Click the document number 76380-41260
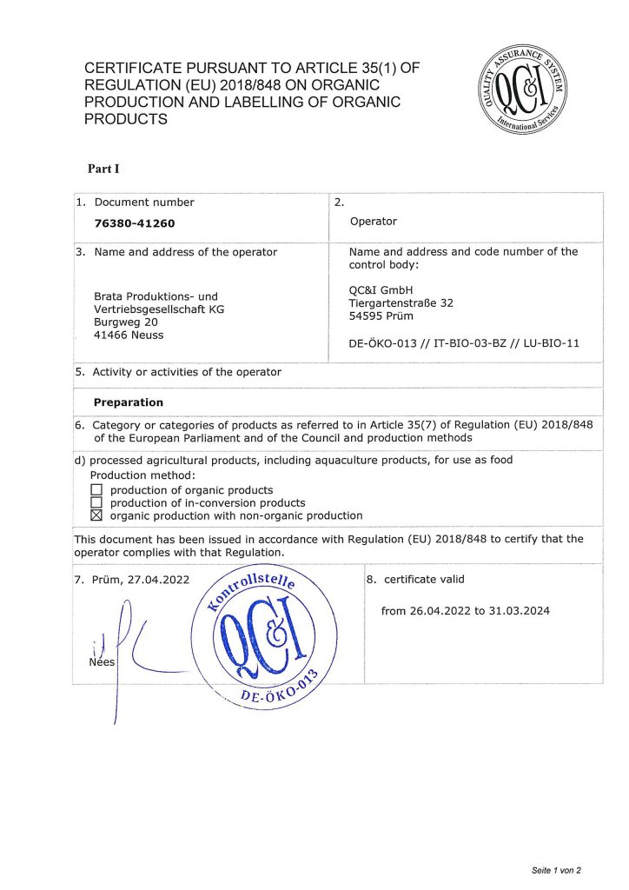tap(135, 223)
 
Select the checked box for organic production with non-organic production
tap(96, 515)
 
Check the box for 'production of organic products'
tap(96, 490)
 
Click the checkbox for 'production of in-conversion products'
tap(96, 502)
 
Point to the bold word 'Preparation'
tap(129, 402)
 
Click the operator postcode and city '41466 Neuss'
tap(129, 335)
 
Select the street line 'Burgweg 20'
tap(126, 322)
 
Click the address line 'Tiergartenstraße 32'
tap(401, 303)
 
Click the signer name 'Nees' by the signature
tap(102, 662)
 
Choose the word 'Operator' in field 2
tap(374, 222)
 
